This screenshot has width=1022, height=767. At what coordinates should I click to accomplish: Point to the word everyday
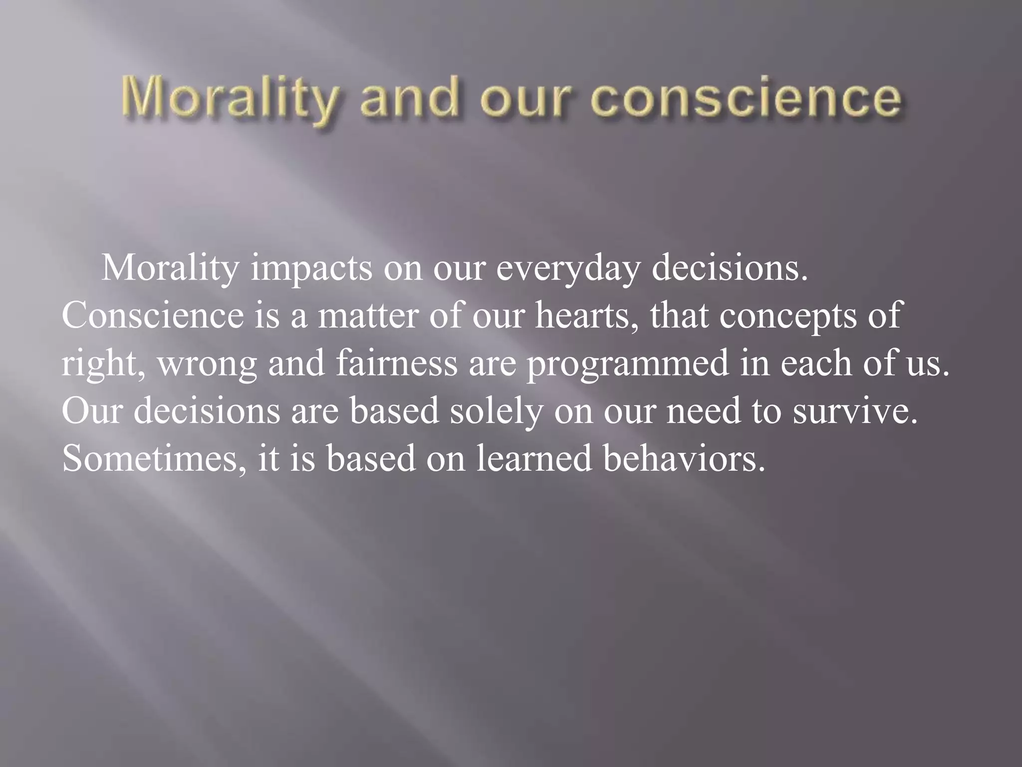568,269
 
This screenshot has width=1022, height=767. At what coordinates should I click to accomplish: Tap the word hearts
587,316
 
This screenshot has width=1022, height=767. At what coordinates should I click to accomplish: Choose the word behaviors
684,457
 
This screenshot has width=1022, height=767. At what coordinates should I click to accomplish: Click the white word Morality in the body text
171,269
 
